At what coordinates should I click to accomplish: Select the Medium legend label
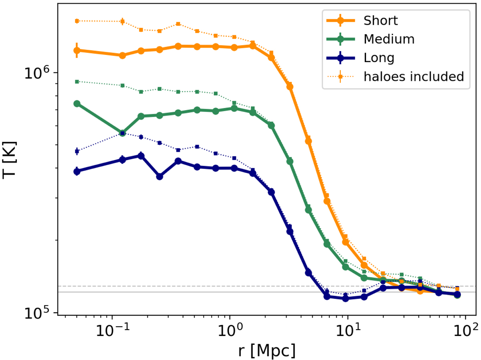pyautogui.click(x=389, y=39)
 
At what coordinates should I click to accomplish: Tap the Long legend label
pyautogui.click(x=379, y=58)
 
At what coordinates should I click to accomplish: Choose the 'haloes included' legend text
pyautogui.click(x=414, y=76)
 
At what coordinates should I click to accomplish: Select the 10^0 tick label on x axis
pyautogui.click(x=229, y=331)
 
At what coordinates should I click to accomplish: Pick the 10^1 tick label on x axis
pyautogui.click(x=348, y=331)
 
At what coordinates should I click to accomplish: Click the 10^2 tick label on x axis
pyautogui.click(x=465, y=331)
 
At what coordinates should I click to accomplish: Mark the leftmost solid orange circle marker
pyautogui.click(x=77, y=51)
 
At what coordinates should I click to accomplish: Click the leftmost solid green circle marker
pyautogui.click(x=77, y=103)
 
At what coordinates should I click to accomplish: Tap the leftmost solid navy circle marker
pyautogui.click(x=77, y=171)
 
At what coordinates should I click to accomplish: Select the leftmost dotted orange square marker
pyautogui.click(x=77, y=21)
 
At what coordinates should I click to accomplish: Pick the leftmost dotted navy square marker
pyautogui.click(x=77, y=151)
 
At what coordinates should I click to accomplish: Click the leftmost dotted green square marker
pyautogui.click(x=77, y=81)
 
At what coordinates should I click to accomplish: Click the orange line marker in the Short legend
pyautogui.click(x=340, y=20)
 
